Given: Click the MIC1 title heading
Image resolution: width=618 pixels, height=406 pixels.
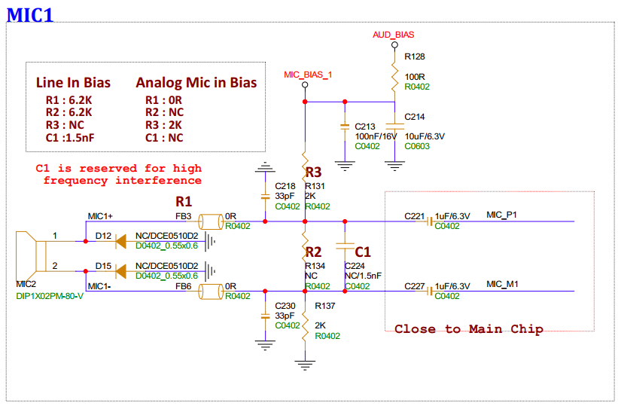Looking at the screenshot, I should (30, 14).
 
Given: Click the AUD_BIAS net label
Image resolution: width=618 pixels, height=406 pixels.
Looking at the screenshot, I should (393, 35).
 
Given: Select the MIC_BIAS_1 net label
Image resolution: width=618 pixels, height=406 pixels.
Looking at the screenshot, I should (308, 75).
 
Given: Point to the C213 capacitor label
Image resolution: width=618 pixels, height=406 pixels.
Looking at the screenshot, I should (365, 126).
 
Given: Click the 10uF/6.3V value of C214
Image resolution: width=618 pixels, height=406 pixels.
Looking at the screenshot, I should (425, 136).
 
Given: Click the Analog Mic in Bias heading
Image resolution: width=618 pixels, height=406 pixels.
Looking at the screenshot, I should (196, 83).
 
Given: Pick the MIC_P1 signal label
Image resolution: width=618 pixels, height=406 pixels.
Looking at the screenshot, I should (502, 215).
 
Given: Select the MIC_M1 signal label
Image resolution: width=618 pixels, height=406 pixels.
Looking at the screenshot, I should (502, 285).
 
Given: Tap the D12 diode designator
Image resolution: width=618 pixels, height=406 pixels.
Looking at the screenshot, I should (103, 237).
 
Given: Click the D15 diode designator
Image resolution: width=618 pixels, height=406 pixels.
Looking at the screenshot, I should (103, 267).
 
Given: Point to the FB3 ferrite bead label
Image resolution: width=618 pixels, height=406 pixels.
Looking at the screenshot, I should (183, 216).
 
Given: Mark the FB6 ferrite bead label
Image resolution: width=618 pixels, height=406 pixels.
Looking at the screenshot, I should (183, 286).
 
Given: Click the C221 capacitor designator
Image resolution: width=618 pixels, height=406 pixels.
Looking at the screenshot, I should (416, 216).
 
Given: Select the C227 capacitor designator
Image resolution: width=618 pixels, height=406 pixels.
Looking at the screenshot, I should (416, 286).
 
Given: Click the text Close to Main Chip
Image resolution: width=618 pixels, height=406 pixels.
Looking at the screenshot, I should (469, 329).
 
